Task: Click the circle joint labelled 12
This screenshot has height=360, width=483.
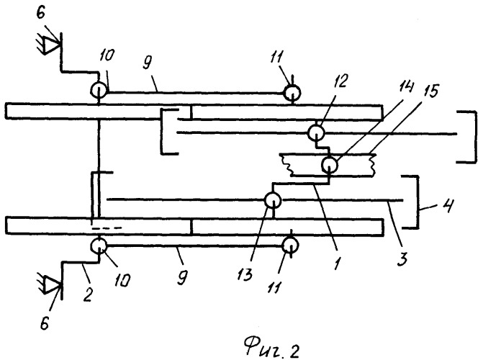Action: click(x=315, y=133)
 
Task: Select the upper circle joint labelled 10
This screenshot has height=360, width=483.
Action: click(x=98, y=90)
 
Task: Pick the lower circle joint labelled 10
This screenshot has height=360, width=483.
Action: click(x=98, y=246)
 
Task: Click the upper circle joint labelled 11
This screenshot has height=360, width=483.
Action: click(x=291, y=92)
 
